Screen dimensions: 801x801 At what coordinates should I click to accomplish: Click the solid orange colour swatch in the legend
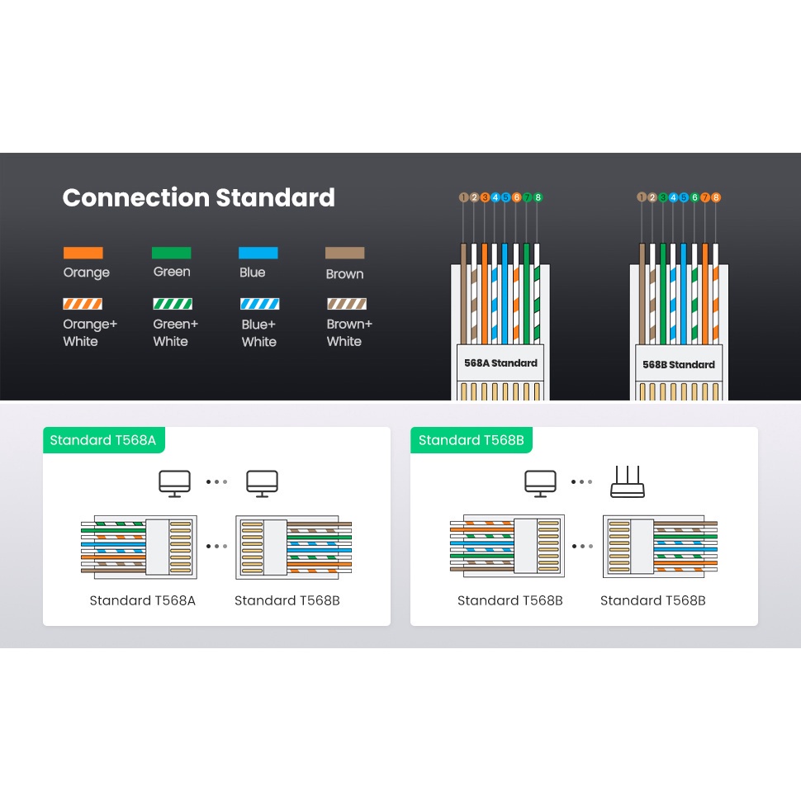click(83, 253)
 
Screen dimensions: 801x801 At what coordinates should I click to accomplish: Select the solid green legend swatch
click(172, 253)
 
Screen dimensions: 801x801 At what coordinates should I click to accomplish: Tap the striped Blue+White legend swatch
click(259, 304)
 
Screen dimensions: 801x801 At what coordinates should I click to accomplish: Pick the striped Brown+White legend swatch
click(347, 304)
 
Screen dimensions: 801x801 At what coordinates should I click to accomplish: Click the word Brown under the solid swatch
click(344, 273)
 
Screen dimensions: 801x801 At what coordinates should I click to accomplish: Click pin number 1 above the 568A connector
click(463, 197)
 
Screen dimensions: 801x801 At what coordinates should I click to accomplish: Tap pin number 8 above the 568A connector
click(538, 197)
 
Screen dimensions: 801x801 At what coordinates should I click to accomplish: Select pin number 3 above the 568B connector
click(662, 197)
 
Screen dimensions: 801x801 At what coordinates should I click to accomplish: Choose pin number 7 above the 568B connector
click(705, 197)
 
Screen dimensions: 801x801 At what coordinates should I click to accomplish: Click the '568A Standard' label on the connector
click(500, 363)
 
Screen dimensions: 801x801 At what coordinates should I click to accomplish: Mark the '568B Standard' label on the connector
click(679, 364)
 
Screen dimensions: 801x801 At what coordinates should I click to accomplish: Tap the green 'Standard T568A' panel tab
click(103, 440)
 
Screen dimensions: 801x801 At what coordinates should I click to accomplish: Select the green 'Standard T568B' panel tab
click(471, 440)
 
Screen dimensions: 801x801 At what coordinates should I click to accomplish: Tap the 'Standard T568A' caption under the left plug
click(142, 600)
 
